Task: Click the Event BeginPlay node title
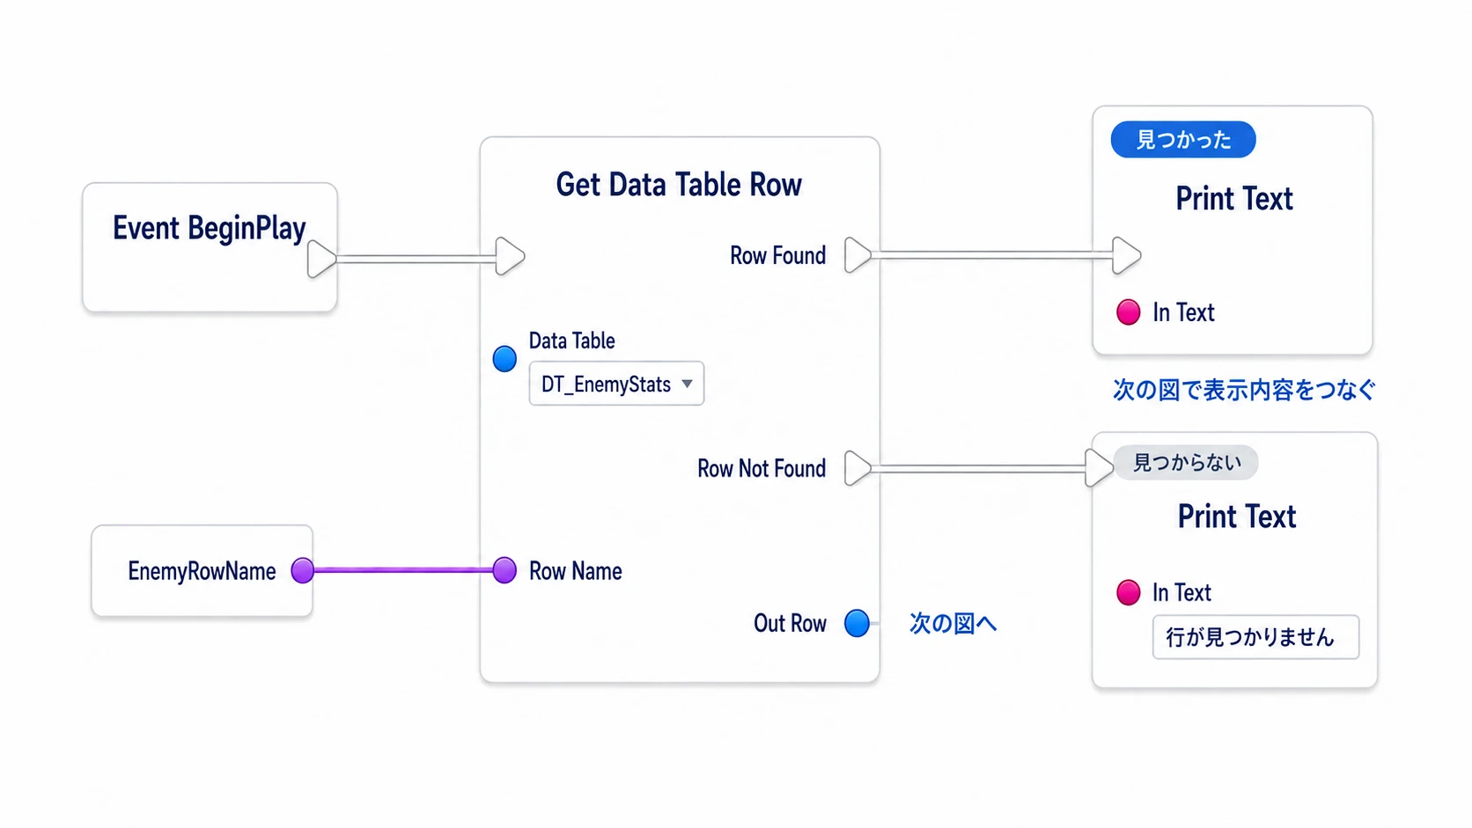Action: pyautogui.click(x=209, y=229)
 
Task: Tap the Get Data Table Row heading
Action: pyautogui.click(x=679, y=185)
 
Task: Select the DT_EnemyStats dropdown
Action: pyautogui.click(x=616, y=384)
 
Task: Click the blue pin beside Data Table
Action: pyautogui.click(x=504, y=358)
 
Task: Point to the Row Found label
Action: pyautogui.click(x=778, y=255)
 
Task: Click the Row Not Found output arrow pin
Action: pyautogui.click(x=857, y=468)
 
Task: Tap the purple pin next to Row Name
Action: pyautogui.click(x=504, y=570)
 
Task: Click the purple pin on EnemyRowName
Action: pyautogui.click(x=303, y=570)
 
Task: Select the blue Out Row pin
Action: pyautogui.click(x=857, y=623)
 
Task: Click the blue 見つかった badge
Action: pyautogui.click(x=1183, y=139)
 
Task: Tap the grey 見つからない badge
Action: pyautogui.click(x=1187, y=463)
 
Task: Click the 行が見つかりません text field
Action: pyautogui.click(x=1255, y=637)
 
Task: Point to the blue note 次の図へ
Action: pyautogui.click(x=953, y=623)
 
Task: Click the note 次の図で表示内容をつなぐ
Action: pyautogui.click(x=1244, y=390)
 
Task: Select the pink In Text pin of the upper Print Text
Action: pyautogui.click(x=1129, y=311)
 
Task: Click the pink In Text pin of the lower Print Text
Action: pyautogui.click(x=1129, y=592)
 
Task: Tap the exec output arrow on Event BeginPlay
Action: pyautogui.click(x=321, y=259)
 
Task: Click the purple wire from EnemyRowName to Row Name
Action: pyautogui.click(x=403, y=570)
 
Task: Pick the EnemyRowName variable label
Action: pyautogui.click(x=202, y=571)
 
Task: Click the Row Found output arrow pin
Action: pyautogui.click(x=857, y=255)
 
